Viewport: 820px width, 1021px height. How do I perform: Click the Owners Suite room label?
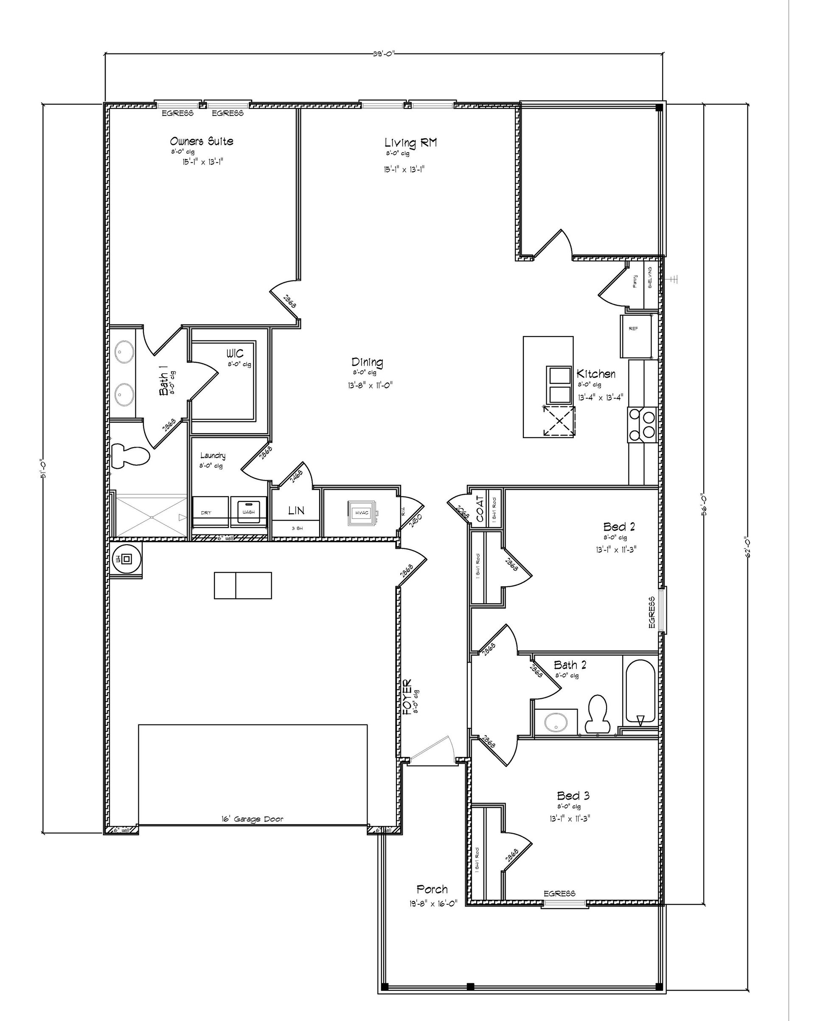pyautogui.click(x=201, y=141)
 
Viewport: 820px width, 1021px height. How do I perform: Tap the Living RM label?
pyautogui.click(x=410, y=142)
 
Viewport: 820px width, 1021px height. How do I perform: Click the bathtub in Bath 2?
pyautogui.click(x=640, y=692)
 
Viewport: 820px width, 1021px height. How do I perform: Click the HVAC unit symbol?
pyautogui.click(x=363, y=513)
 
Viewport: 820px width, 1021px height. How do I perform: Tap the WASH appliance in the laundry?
pyautogui.click(x=248, y=512)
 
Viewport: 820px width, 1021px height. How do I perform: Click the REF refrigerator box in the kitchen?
pyautogui.click(x=635, y=336)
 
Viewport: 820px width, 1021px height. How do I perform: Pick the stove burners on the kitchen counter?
pyautogui.click(x=641, y=425)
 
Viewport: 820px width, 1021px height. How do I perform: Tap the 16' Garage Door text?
pyautogui.click(x=252, y=819)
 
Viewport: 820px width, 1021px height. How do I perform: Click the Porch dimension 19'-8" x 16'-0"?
pyautogui.click(x=433, y=904)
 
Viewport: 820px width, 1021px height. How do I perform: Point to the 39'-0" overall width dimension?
pyautogui.click(x=383, y=53)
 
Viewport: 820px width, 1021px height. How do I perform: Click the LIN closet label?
pyautogui.click(x=297, y=511)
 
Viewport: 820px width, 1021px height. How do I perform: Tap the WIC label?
pyautogui.click(x=235, y=353)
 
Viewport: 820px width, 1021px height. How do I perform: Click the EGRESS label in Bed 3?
pyautogui.click(x=559, y=893)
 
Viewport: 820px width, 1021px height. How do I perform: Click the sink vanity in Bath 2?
pyautogui.click(x=555, y=722)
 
